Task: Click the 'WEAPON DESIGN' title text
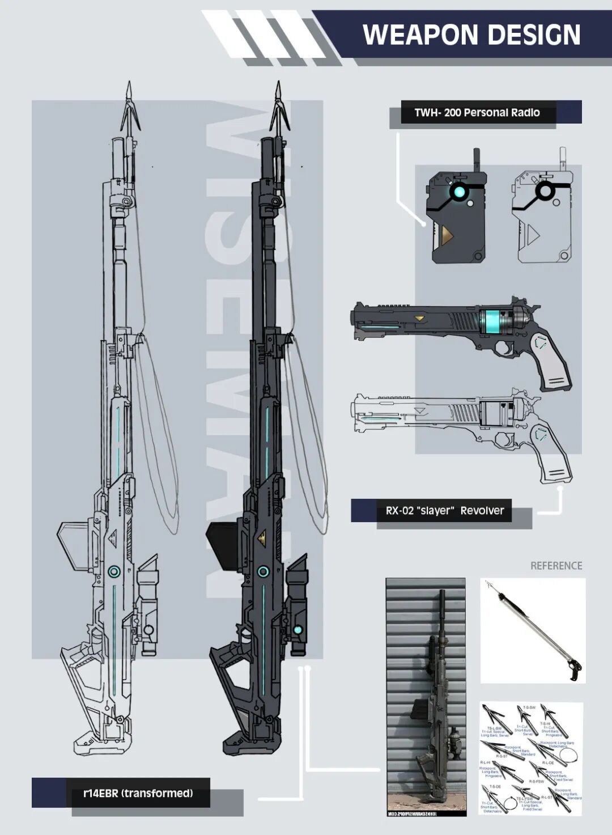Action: pyautogui.click(x=471, y=35)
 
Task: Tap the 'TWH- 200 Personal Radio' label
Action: pyautogui.click(x=477, y=112)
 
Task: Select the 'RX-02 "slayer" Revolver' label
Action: pyautogui.click(x=444, y=510)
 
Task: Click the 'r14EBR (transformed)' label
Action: pyautogui.click(x=138, y=792)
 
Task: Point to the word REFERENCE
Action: pyautogui.click(x=556, y=565)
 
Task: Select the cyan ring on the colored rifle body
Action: pyautogui.click(x=262, y=571)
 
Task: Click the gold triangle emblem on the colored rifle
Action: pyautogui.click(x=263, y=536)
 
